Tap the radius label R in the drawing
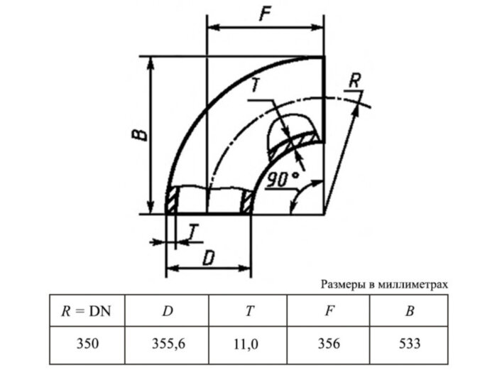point(354,80)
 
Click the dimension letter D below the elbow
point(208,258)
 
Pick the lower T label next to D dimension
point(193,230)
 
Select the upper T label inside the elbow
point(256,87)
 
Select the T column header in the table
point(248,310)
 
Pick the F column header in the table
point(329,310)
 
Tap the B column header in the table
point(409,310)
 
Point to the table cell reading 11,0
point(248,344)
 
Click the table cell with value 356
point(329,344)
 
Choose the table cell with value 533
point(409,344)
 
